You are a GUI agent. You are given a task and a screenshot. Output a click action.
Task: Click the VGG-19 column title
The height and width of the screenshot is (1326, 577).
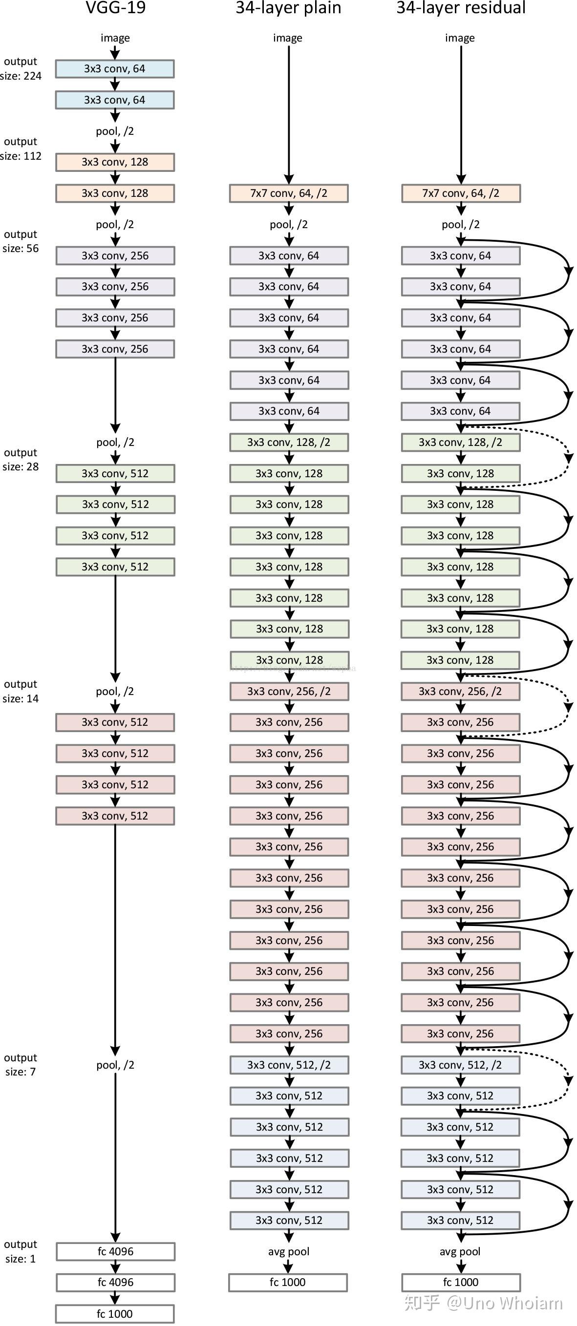click(115, 8)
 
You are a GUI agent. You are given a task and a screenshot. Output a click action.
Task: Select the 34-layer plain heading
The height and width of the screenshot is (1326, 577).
click(288, 8)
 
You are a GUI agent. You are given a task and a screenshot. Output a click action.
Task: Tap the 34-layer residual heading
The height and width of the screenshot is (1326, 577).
click(461, 8)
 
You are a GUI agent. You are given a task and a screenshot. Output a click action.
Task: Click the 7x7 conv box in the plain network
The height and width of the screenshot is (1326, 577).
click(289, 193)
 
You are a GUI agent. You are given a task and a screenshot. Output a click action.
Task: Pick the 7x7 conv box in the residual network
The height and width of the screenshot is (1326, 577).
click(461, 193)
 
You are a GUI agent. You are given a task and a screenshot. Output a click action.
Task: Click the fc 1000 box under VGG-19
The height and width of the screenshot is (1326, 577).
click(115, 1313)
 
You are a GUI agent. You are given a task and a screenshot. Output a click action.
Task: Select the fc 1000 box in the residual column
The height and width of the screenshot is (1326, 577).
click(461, 1282)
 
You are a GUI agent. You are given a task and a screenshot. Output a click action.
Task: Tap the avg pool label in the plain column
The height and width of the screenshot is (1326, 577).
click(288, 1251)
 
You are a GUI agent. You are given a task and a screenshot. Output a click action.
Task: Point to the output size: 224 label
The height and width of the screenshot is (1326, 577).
click(21, 68)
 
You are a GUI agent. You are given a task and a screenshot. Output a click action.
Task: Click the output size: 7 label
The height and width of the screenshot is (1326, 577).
click(21, 1064)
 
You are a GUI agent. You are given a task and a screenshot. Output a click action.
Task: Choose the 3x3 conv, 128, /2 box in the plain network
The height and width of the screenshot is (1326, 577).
click(289, 442)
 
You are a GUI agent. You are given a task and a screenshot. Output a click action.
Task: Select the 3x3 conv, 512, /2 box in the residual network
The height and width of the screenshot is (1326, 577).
click(460, 1065)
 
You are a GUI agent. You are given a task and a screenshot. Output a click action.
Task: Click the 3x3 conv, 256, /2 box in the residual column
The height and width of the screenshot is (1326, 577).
click(460, 691)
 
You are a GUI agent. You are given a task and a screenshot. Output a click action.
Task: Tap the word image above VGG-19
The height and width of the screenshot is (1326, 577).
click(115, 38)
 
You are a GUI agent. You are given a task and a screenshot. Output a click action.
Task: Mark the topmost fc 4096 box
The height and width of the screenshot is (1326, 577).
click(115, 1251)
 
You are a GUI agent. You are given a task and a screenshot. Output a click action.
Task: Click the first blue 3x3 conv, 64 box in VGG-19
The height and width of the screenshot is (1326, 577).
click(115, 68)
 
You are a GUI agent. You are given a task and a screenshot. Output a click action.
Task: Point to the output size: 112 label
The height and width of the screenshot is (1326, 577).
click(21, 149)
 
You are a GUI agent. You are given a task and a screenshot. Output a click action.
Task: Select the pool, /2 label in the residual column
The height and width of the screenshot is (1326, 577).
click(460, 225)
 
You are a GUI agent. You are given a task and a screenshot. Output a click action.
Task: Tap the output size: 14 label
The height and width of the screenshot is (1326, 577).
click(21, 691)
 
